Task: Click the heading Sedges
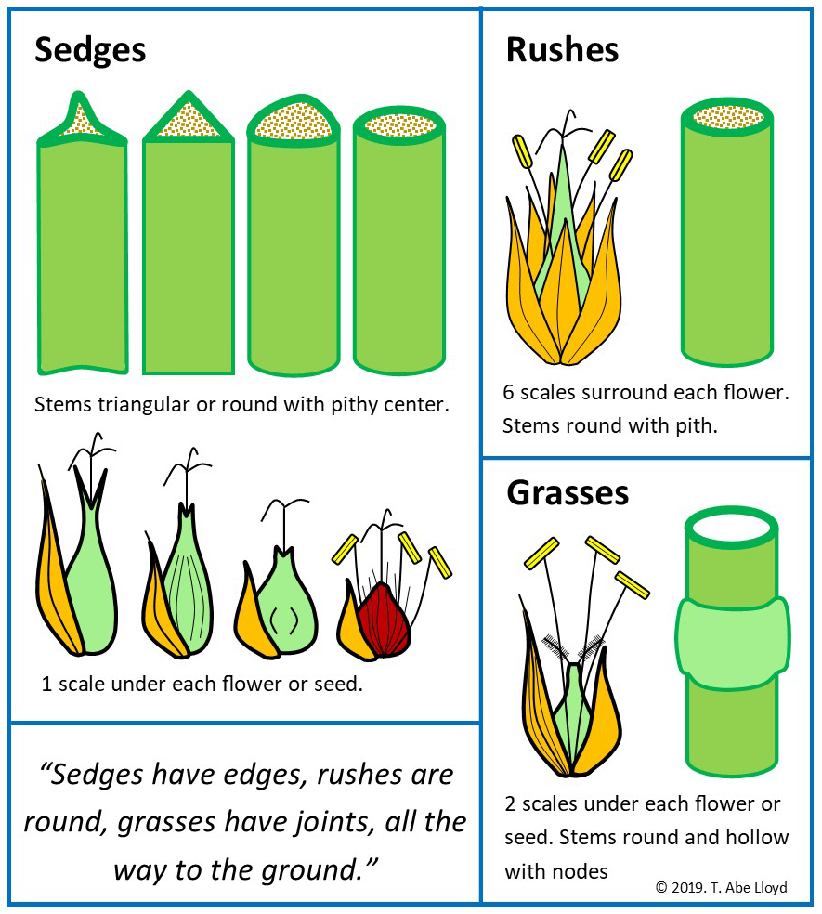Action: point(90,50)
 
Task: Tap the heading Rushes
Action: point(562,50)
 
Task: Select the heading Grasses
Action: point(567,493)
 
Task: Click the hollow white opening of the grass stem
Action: point(732,527)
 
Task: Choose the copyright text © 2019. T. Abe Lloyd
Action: point(721,887)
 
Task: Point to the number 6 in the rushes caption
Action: point(509,393)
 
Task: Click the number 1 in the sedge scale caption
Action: point(46,685)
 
